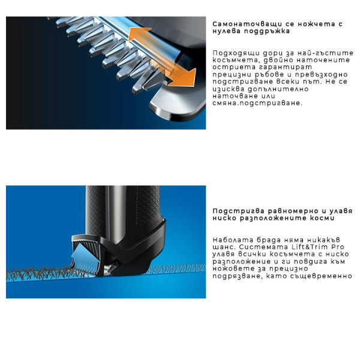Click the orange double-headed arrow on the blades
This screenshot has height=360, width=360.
pos(164,57)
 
